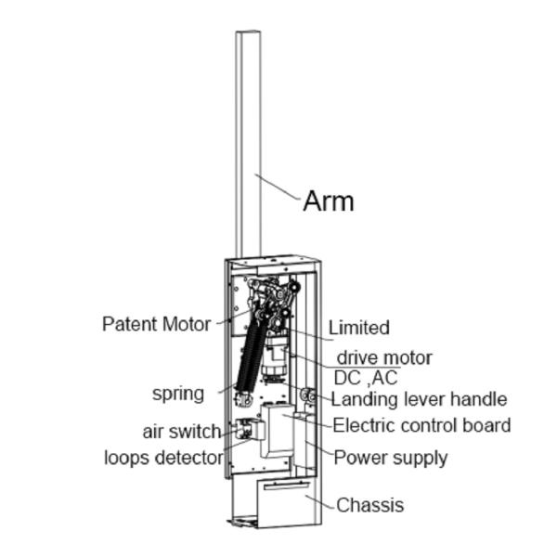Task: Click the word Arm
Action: coord(328,201)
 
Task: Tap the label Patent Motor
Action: coord(157,324)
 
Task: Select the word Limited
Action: coord(358,328)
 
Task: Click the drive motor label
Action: coord(383,357)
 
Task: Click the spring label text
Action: coord(178,393)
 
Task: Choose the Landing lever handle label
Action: coord(419,400)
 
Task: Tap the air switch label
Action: coord(181,432)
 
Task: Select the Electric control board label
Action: coord(421,426)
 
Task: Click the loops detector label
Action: coord(163,458)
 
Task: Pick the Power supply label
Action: coord(390,457)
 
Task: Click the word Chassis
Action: coord(369,505)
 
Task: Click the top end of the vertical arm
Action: coord(247,35)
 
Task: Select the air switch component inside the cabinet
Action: coord(246,429)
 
